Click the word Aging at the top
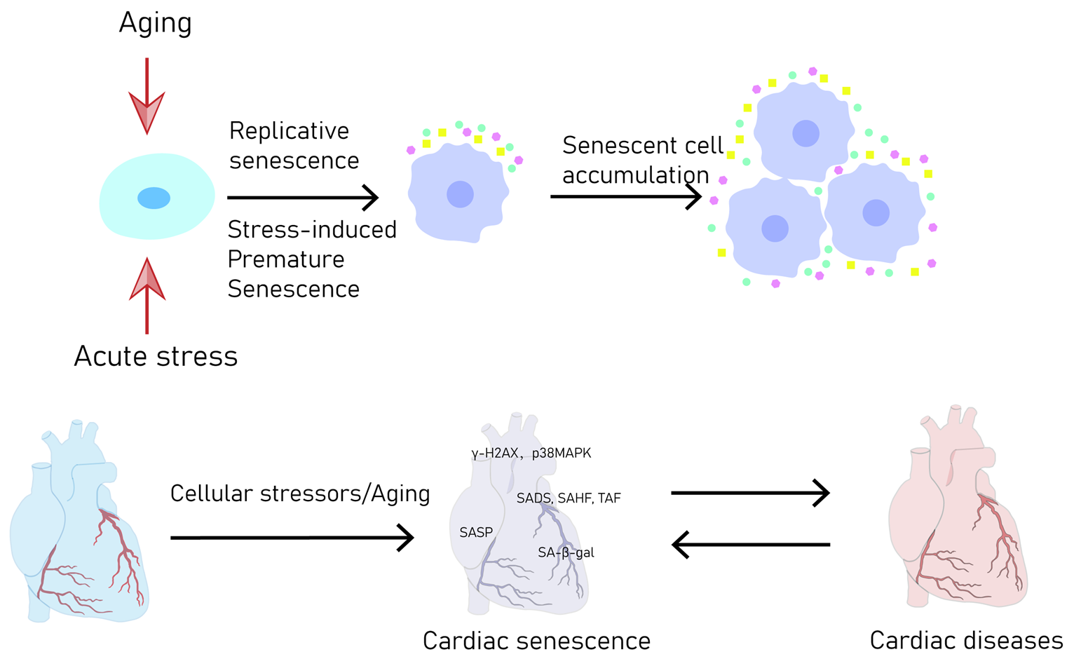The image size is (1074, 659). tap(155, 23)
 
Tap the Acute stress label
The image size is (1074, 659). tap(156, 356)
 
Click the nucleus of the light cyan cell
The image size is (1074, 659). tap(154, 198)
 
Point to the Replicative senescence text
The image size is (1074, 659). tap(294, 146)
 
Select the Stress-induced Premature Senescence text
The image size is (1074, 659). tap(311, 259)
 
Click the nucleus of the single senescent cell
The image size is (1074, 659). tap(460, 194)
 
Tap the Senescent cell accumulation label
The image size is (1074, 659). tap(641, 161)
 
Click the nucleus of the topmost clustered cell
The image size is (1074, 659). tap(805, 133)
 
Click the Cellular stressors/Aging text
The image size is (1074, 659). tap(300, 494)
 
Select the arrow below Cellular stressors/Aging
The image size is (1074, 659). tap(292, 538)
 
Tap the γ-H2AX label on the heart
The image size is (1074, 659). tap(495, 454)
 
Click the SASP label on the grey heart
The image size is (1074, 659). tap(476, 533)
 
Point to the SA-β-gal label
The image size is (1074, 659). tap(566, 552)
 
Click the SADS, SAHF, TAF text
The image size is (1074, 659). tap(569, 498)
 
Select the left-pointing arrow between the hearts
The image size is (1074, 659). tap(751, 544)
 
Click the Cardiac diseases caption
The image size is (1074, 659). tap(966, 640)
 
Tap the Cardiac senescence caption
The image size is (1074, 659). tap(536, 640)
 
